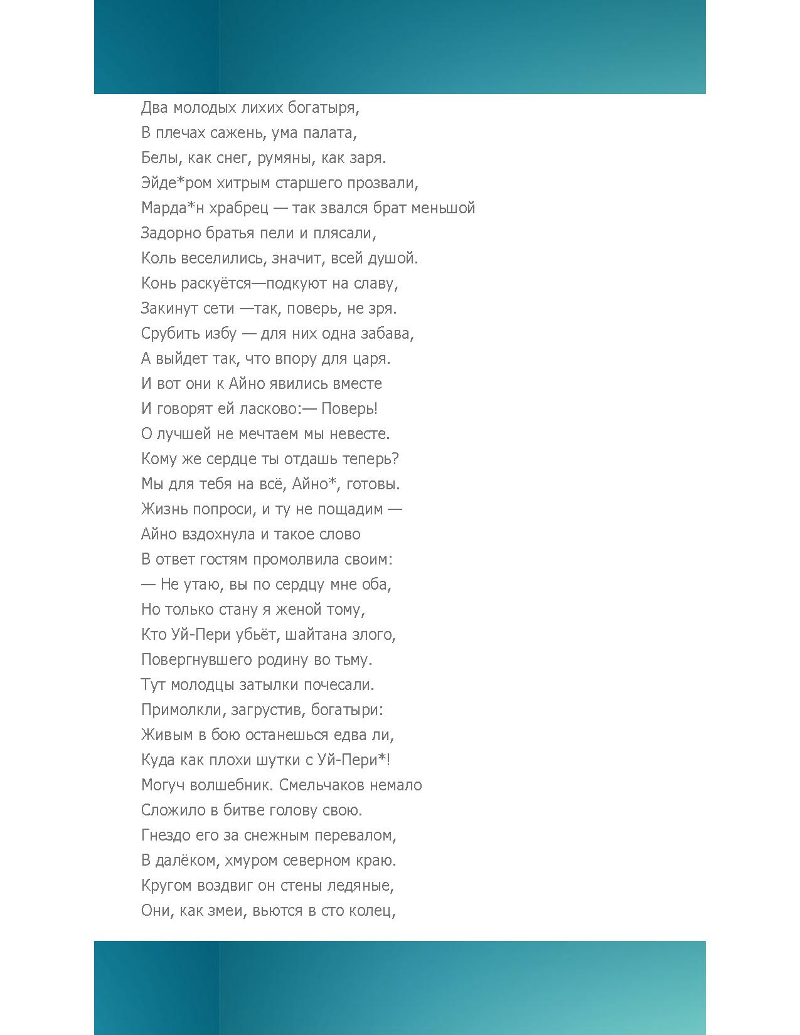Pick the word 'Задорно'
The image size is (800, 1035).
tap(171, 233)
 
